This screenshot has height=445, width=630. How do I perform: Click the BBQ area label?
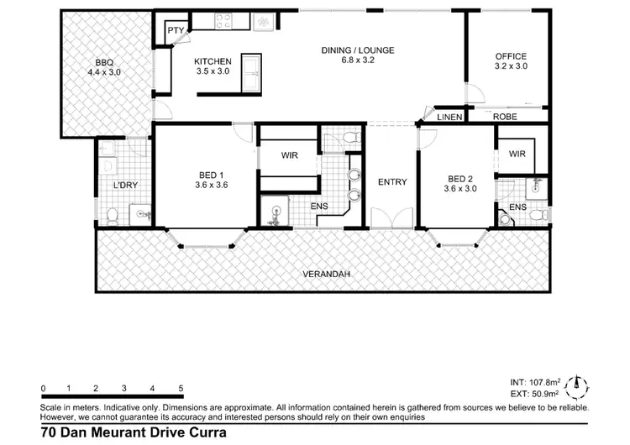[x=104, y=67]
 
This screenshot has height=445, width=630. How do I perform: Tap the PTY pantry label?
[x=176, y=31]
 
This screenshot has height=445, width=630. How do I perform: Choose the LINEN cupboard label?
[x=449, y=118]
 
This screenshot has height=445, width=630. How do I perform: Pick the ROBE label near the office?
[x=505, y=117]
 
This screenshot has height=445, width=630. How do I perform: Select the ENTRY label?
[x=392, y=182]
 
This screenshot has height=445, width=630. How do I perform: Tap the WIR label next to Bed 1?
[x=288, y=154]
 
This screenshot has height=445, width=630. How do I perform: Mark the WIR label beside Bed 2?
[x=517, y=154]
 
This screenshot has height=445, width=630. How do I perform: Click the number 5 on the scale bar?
[x=181, y=388]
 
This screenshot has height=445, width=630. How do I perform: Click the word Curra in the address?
[x=192, y=434]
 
